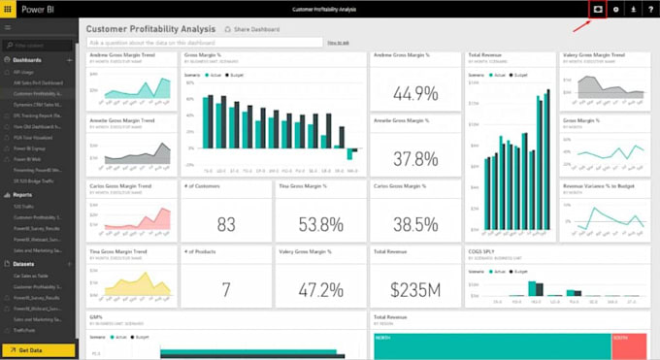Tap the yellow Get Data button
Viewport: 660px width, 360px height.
click(39, 349)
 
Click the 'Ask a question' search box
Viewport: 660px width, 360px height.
click(204, 43)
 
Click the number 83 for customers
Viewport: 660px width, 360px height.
click(226, 224)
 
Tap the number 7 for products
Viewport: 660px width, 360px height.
click(226, 289)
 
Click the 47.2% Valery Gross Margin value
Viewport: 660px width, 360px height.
click(320, 289)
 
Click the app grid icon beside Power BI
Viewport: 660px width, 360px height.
click(9, 9)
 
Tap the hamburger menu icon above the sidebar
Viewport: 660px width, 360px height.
click(8, 29)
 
